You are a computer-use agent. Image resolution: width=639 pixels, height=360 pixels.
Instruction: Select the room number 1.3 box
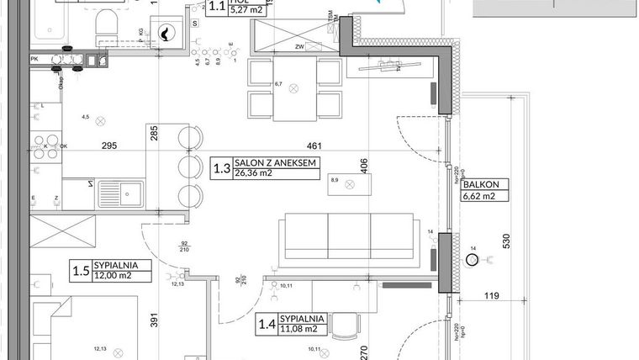tap(222, 169)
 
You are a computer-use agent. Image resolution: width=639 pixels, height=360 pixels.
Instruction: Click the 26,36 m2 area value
tap(255, 174)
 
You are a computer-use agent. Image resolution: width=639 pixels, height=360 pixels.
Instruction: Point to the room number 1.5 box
tap(81, 271)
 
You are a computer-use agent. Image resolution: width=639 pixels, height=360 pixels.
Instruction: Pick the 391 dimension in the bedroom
tap(153, 321)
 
